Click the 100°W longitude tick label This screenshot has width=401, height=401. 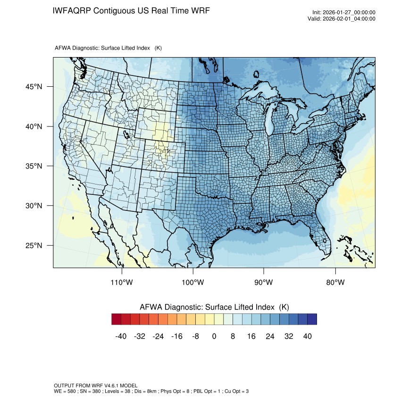[x=193, y=282]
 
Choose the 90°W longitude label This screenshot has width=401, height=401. [x=264, y=282]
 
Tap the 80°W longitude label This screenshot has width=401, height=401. [x=335, y=282]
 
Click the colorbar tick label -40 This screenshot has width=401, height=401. [x=121, y=336]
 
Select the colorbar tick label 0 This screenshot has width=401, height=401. [x=214, y=336]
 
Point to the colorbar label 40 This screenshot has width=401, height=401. [x=308, y=336]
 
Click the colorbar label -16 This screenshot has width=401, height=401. [x=177, y=336]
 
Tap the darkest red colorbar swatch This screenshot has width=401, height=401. [x=117, y=319]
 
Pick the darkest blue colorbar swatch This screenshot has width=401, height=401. [x=312, y=319]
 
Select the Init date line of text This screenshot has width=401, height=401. [x=344, y=12]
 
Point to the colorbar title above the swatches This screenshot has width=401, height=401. [x=214, y=307]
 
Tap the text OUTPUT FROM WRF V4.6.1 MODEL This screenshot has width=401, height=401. [x=95, y=385]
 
